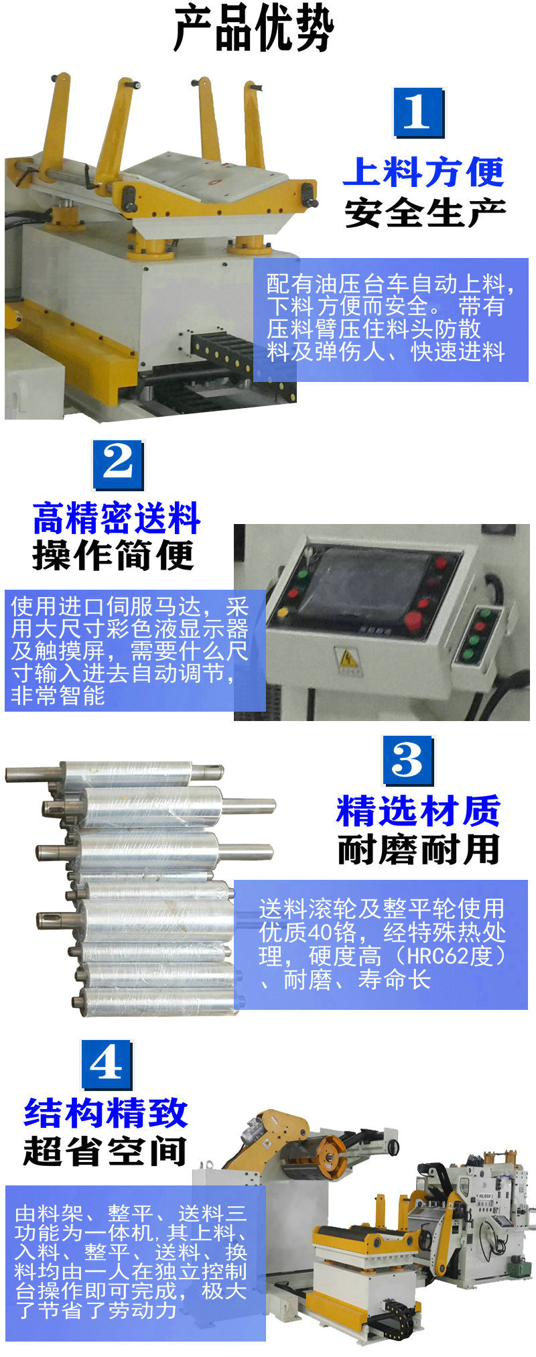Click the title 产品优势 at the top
click(x=253, y=30)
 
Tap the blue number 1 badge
click(x=417, y=112)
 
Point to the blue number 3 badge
click(x=407, y=761)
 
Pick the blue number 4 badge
click(x=106, y=1064)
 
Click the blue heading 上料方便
click(x=423, y=172)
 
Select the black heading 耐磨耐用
click(x=418, y=850)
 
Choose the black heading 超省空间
click(x=105, y=1151)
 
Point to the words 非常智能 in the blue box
click(x=58, y=696)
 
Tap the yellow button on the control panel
click(x=282, y=611)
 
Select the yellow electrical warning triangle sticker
click(x=348, y=659)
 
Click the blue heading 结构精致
click(x=105, y=1112)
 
